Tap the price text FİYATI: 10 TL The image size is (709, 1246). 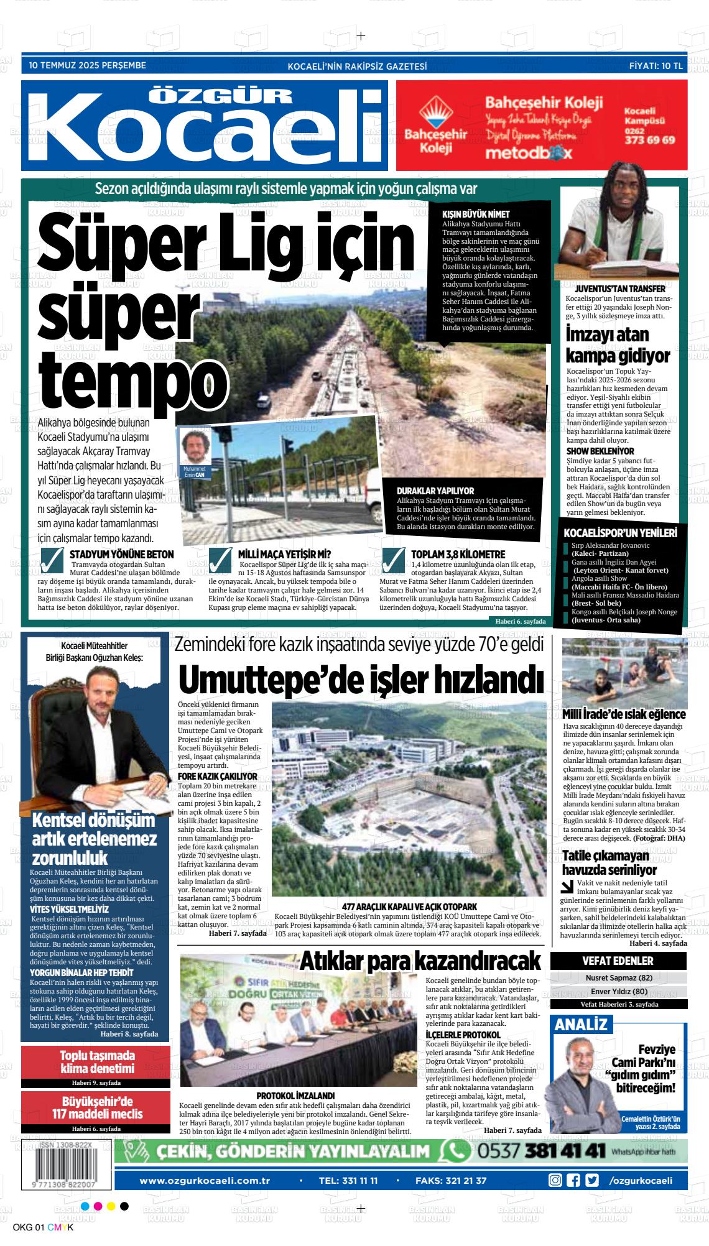[656, 65]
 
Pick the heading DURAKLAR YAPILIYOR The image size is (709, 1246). [435, 491]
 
